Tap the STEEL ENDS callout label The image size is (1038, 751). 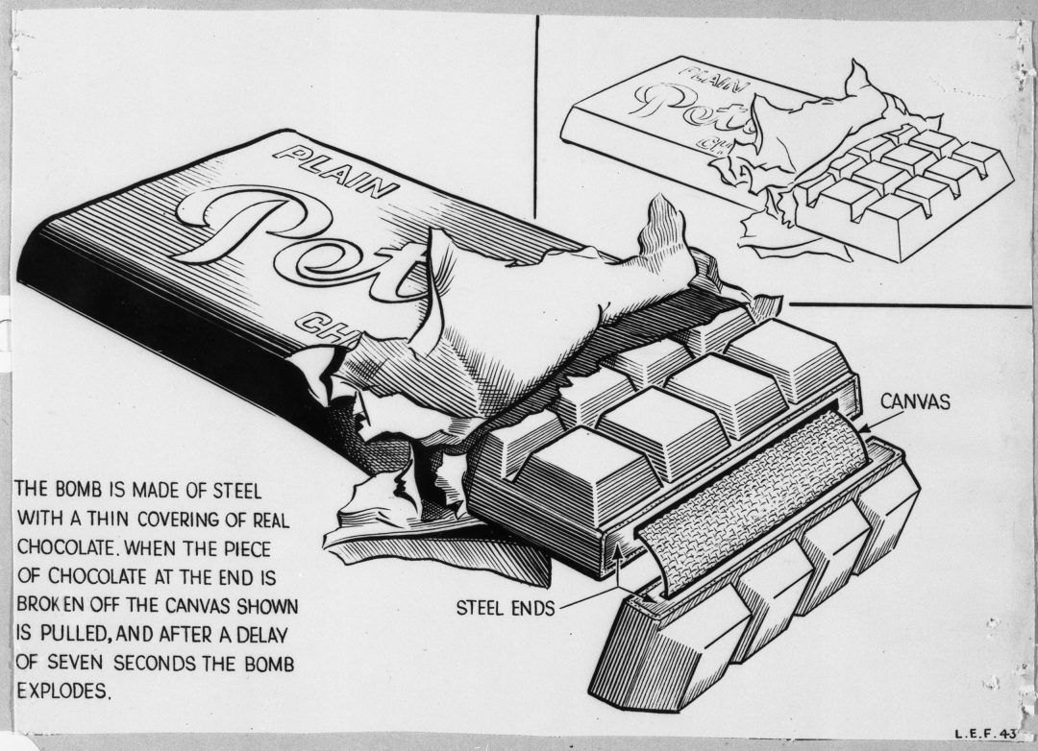[505, 608]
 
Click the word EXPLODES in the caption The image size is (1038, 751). [64, 690]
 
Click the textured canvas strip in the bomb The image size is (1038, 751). [759, 499]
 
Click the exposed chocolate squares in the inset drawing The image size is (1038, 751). [903, 178]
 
